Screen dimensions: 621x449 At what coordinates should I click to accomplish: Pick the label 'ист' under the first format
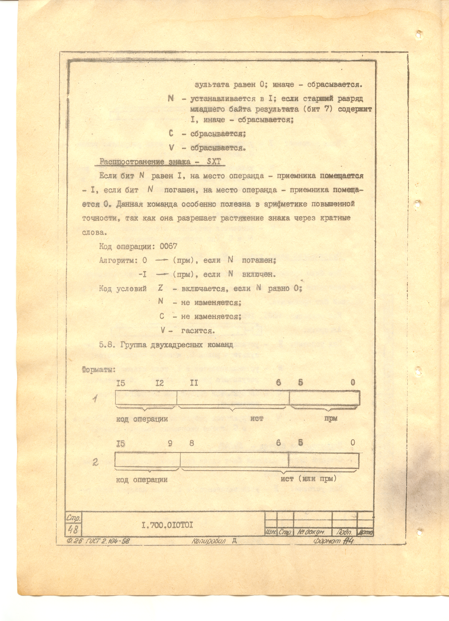(257, 418)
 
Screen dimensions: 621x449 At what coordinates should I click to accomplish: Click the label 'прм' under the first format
(331, 418)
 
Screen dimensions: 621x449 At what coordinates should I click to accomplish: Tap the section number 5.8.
(106, 345)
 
